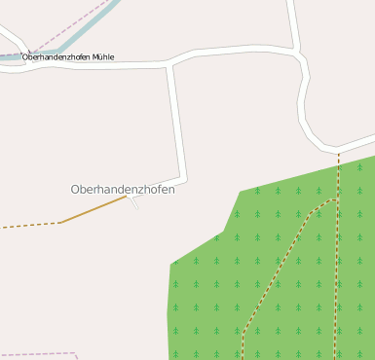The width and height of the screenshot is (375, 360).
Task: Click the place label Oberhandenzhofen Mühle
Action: pos(68,57)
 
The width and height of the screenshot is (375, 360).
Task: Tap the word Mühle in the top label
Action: pos(104,57)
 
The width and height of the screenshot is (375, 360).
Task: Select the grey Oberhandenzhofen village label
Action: pos(123,190)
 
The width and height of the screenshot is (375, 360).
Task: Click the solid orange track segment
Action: pos(94,209)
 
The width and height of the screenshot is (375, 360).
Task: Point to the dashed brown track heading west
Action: pos(29,226)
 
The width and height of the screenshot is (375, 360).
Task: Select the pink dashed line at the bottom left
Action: pos(39,354)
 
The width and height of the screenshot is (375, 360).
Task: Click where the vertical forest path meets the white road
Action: pos(339,150)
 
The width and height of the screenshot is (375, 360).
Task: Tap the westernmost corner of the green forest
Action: pos(172,264)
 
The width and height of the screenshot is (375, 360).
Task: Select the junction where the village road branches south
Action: pos(171,66)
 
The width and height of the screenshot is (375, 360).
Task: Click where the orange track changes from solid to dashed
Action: pos(60,223)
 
